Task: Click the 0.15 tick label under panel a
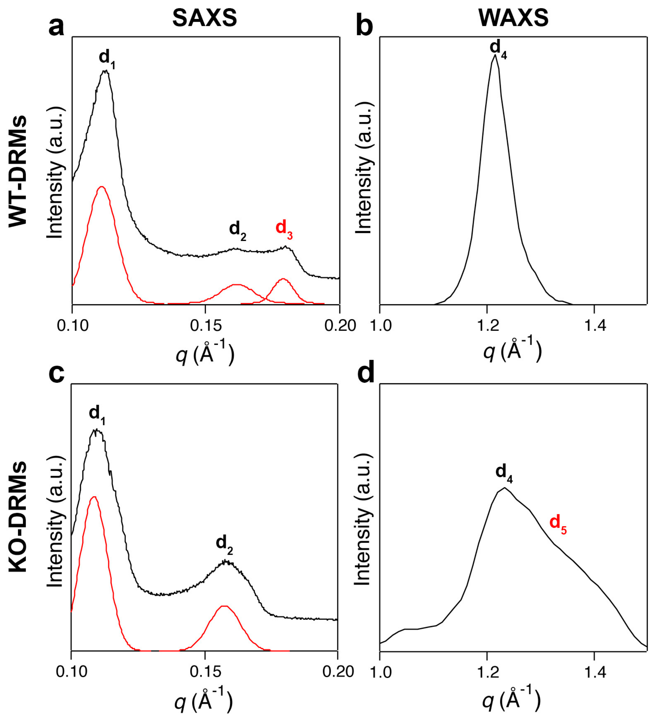tap(205, 326)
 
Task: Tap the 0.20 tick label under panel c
tap(337, 672)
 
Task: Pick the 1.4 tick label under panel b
tap(594, 326)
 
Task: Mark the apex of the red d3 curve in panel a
tap(283, 279)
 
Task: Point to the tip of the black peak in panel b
tap(495, 55)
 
